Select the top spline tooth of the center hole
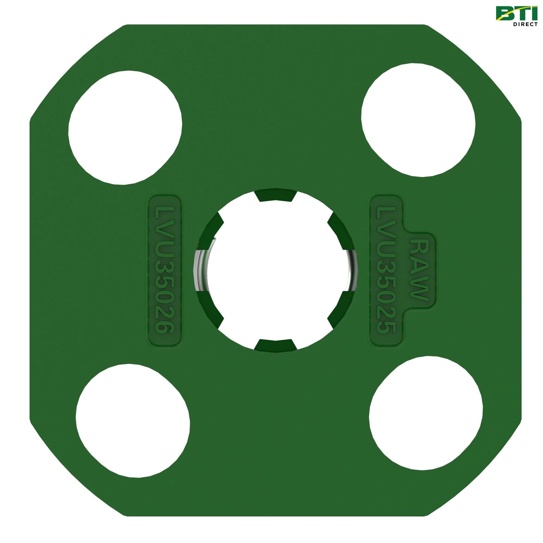[x=275, y=196]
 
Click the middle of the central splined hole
[x=275, y=270]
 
